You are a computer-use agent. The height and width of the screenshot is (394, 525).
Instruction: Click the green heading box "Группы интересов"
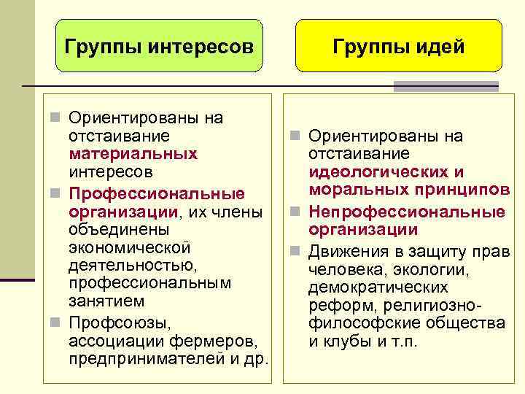click(x=159, y=47)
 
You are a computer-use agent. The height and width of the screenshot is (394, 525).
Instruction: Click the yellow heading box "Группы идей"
click(x=398, y=47)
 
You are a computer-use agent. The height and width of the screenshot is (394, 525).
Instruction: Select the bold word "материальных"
click(x=133, y=154)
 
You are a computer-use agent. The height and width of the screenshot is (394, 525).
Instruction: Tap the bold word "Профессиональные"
click(x=156, y=194)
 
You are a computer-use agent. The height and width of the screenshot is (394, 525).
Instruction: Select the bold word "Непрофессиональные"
click(x=407, y=212)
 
